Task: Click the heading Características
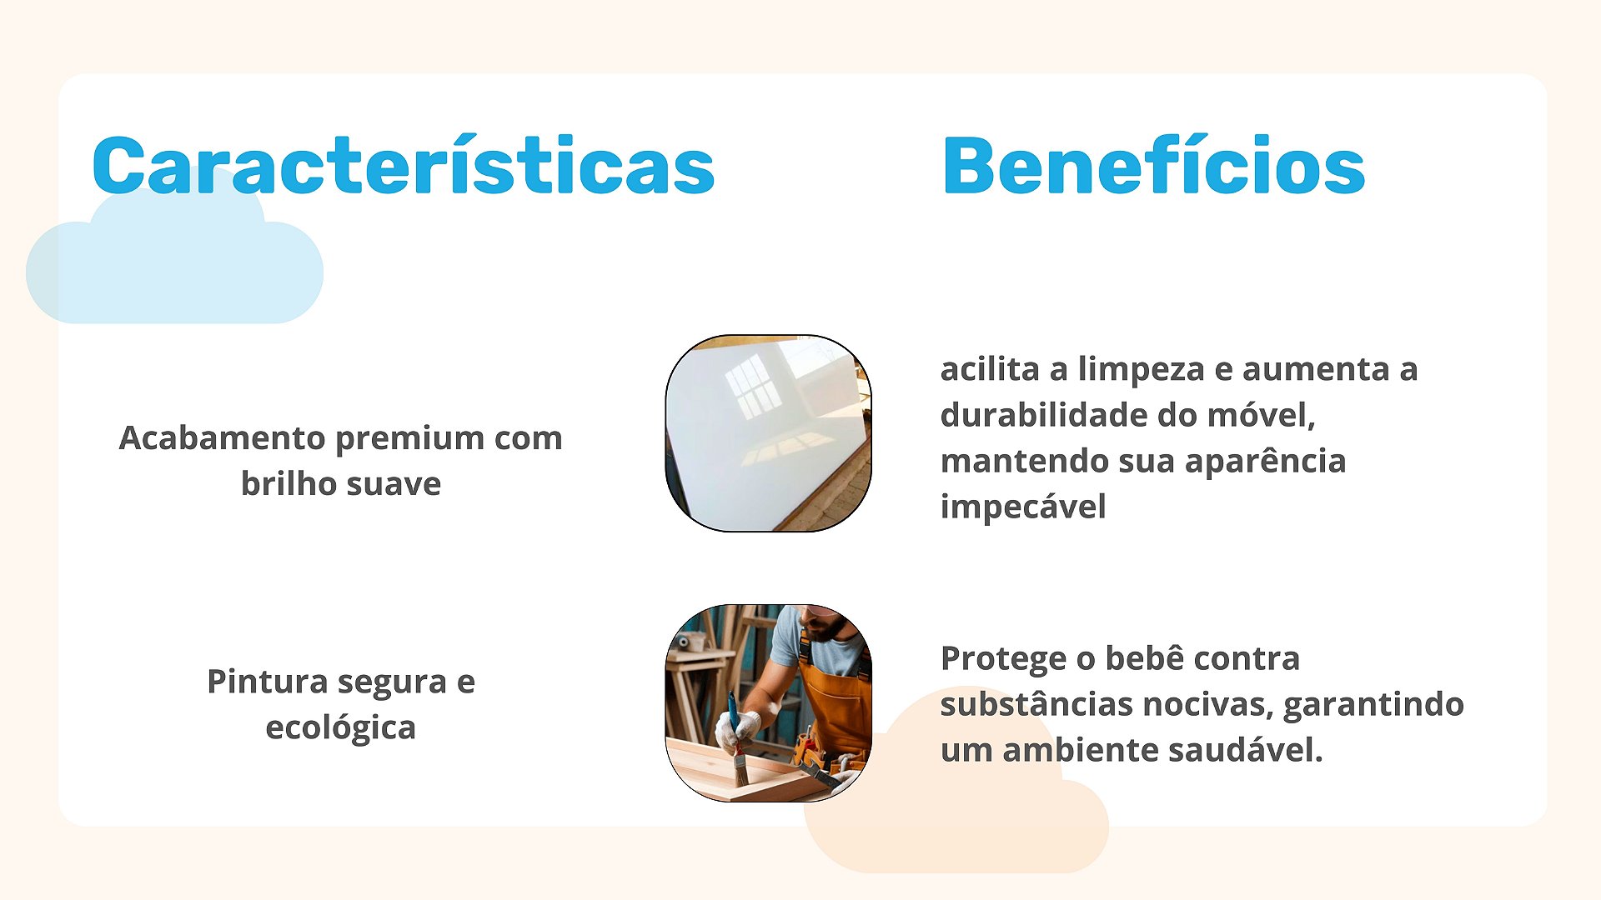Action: [404, 165]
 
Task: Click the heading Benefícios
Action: [1154, 165]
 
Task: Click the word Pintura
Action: [269, 682]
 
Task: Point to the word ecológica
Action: [340, 728]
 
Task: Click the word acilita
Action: [990, 368]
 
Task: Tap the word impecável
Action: [1023, 507]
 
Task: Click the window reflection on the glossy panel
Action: [753, 385]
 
